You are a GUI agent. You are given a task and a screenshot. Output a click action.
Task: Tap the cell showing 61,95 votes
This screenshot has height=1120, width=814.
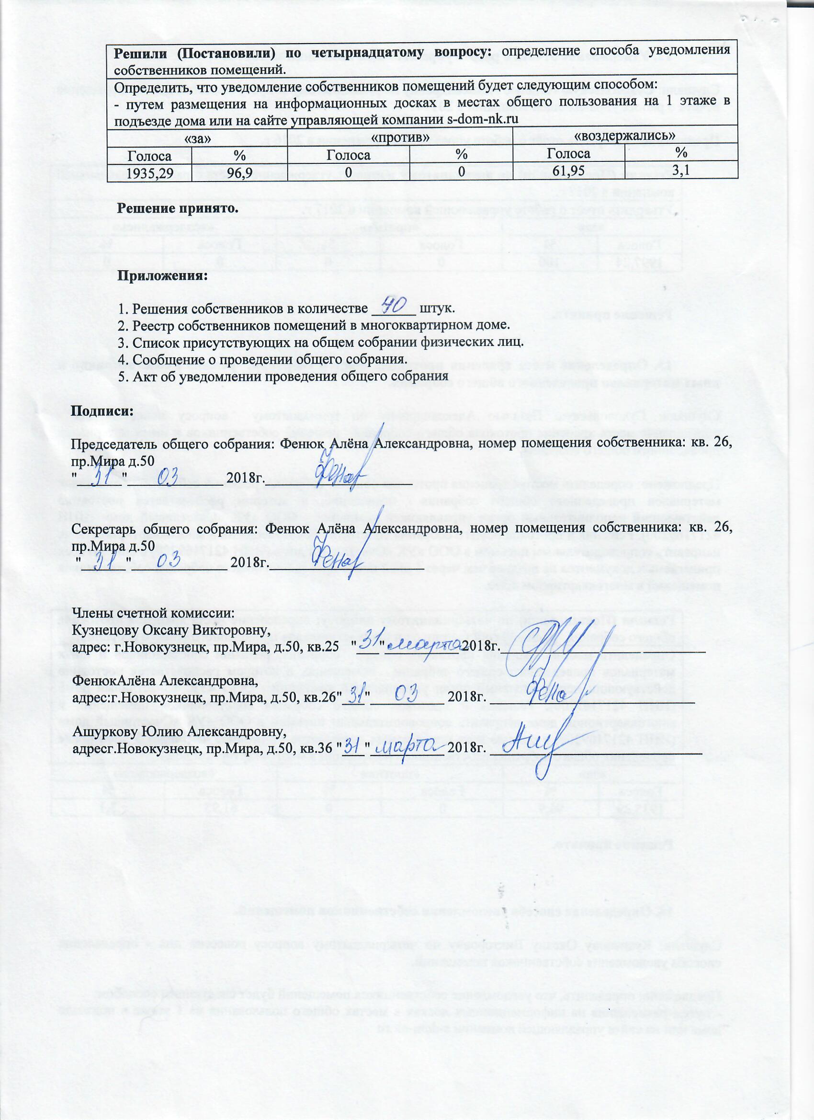coord(569,171)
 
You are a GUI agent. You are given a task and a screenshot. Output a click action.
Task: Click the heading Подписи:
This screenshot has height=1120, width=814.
coord(102,410)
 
